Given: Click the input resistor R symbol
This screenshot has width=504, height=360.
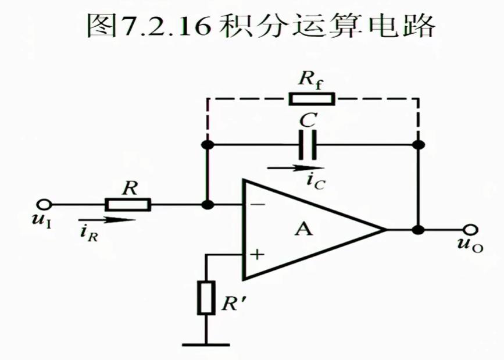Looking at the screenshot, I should (x=128, y=204).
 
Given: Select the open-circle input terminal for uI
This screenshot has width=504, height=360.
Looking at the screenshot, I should (x=45, y=204).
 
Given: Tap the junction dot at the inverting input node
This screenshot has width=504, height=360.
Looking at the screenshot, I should (x=206, y=205).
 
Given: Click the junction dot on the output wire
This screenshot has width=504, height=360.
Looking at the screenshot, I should (x=417, y=230).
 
